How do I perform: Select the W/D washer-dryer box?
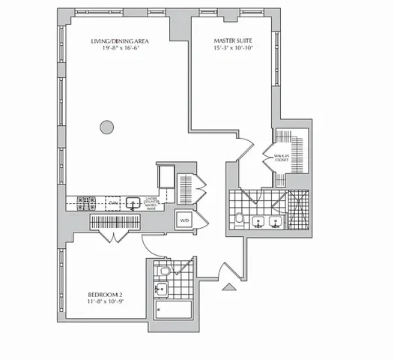[184, 220]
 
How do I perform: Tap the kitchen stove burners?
[84, 202]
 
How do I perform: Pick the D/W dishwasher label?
[112, 202]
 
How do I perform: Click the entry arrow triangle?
[230, 284]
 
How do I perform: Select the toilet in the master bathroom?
[238, 219]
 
